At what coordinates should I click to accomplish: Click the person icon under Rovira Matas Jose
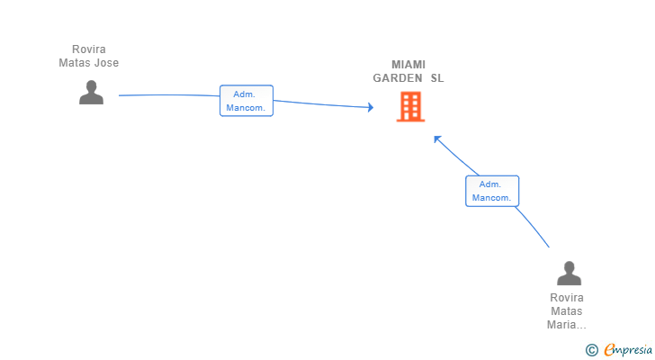click(x=91, y=93)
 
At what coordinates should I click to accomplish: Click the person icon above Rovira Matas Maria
click(x=569, y=273)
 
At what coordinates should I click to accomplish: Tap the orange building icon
click(x=410, y=107)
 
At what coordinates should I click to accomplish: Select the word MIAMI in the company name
click(x=408, y=65)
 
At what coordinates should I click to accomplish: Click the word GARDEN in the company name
click(x=398, y=78)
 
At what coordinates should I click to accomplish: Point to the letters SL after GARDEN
click(x=437, y=78)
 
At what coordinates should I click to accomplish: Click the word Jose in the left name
click(x=106, y=63)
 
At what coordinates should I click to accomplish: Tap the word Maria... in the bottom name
click(x=567, y=325)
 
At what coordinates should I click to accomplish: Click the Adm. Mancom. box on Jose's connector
click(x=247, y=101)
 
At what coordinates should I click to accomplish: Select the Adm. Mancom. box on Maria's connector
click(x=492, y=191)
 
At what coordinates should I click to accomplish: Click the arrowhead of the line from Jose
click(x=371, y=107)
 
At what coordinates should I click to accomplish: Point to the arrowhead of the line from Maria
click(x=437, y=139)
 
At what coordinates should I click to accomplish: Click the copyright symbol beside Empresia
click(x=591, y=350)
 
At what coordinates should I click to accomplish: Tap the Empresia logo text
click(x=628, y=350)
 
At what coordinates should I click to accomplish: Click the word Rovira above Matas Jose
click(x=88, y=49)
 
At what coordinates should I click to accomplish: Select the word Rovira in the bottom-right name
click(x=567, y=298)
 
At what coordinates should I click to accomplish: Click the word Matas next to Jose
click(x=75, y=63)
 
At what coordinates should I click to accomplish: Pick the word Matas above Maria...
click(x=567, y=311)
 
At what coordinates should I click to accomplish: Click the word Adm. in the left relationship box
click(x=244, y=94)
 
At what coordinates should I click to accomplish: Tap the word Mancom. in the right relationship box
click(x=491, y=197)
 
